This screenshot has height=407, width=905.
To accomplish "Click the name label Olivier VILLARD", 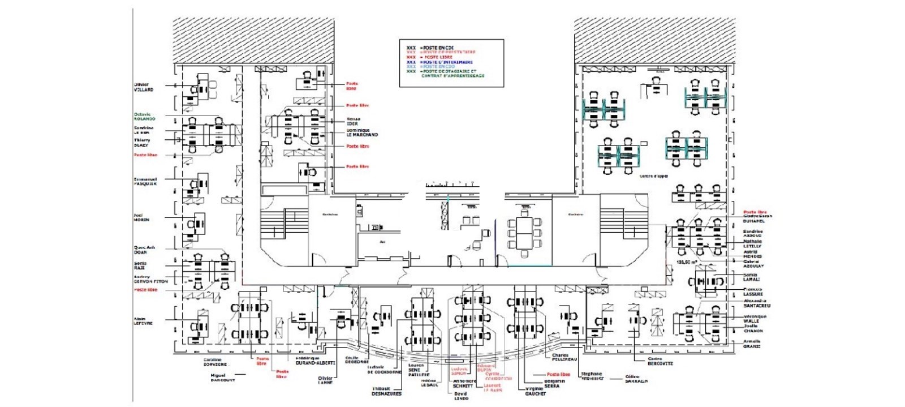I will [x=143, y=87].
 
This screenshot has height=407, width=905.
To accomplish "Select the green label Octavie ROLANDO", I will [x=144, y=117].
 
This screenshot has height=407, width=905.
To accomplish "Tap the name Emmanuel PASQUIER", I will [x=145, y=182].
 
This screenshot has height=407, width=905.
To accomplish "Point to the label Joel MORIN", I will [x=141, y=217].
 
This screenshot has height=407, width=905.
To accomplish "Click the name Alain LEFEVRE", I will [x=143, y=321].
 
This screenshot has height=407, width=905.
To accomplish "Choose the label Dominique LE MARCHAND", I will [x=362, y=132].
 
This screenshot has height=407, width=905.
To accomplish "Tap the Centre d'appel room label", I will [x=654, y=176].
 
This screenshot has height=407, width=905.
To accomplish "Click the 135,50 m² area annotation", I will [x=687, y=263].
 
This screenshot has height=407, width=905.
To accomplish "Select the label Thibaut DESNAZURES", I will [x=386, y=391].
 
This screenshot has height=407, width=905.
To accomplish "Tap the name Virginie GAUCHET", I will [x=535, y=391].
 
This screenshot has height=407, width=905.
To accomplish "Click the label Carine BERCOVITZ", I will [x=660, y=361].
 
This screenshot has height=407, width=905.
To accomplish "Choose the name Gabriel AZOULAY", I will [x=753, y=264].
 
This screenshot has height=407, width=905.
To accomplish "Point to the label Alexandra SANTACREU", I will [x=756, y=303].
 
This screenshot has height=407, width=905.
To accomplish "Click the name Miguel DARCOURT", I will [x=218, y=378].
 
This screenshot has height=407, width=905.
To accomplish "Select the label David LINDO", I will [x=461, y=396].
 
